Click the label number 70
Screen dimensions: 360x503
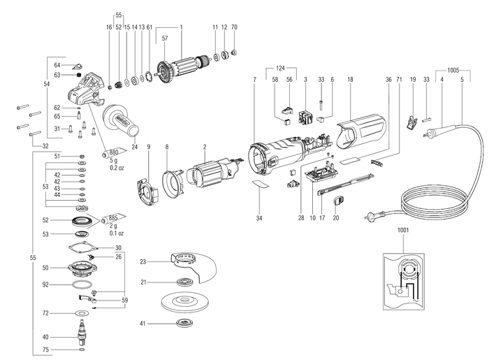point(234,26)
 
